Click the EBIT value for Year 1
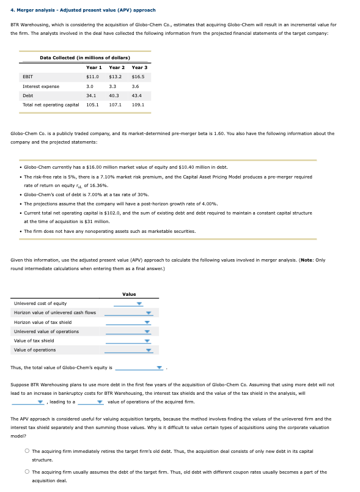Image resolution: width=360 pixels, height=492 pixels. [x=92, y=77]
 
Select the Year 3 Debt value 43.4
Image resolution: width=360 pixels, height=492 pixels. [x=138, y=95]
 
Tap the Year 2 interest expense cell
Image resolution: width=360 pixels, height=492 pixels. [x=115, y=86]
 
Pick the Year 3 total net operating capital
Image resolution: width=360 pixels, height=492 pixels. [x=138, y=105]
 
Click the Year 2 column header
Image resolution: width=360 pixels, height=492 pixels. [x=116, y=67]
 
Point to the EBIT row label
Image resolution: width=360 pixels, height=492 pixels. [x=28, y=77]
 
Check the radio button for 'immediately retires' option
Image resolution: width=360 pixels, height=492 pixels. [x=27, y=451]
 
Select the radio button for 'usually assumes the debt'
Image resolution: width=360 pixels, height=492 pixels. [x=27, y=472]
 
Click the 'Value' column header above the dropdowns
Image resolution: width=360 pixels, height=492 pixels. [x=129, y=295]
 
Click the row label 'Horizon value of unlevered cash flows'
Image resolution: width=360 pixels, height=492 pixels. [x=54, y=313]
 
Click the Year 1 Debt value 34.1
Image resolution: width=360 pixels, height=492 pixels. [x=91, y=95]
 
